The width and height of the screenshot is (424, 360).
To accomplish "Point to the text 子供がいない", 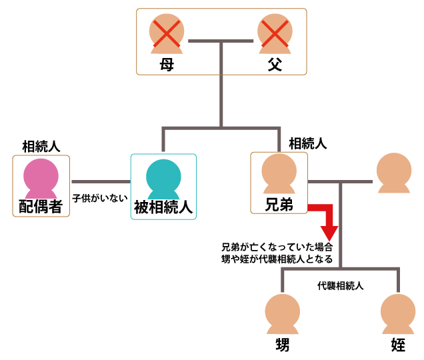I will (100, 197).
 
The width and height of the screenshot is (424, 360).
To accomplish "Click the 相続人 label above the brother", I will (307, 143).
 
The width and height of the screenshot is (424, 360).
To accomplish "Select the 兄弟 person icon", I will (279, 175).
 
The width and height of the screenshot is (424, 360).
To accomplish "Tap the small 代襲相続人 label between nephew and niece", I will (340, 285).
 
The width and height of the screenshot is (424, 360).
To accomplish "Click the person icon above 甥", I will (282, 314).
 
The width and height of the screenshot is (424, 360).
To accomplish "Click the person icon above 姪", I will (397, 314).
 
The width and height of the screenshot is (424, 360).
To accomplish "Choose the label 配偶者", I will (41, 206).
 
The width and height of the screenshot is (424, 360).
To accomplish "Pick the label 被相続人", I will (163, 207).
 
